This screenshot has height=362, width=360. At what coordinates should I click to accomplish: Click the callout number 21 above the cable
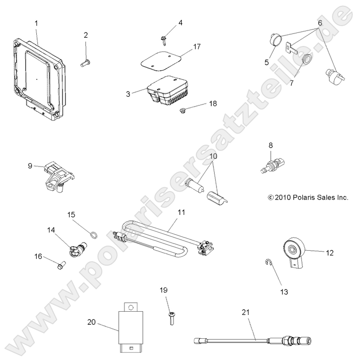245,313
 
